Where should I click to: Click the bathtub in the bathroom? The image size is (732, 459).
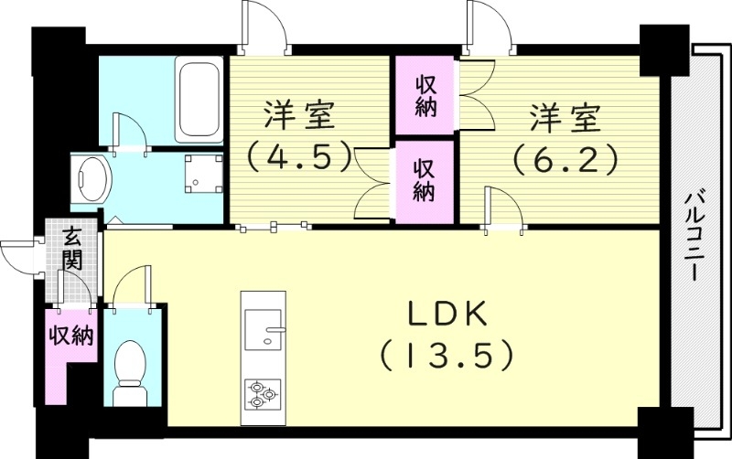197,99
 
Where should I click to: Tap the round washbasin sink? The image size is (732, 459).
91,178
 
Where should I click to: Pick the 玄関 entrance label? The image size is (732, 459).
73,248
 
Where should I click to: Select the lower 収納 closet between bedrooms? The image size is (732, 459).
424,180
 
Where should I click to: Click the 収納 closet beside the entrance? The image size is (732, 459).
71,335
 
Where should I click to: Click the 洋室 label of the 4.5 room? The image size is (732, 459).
298,116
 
